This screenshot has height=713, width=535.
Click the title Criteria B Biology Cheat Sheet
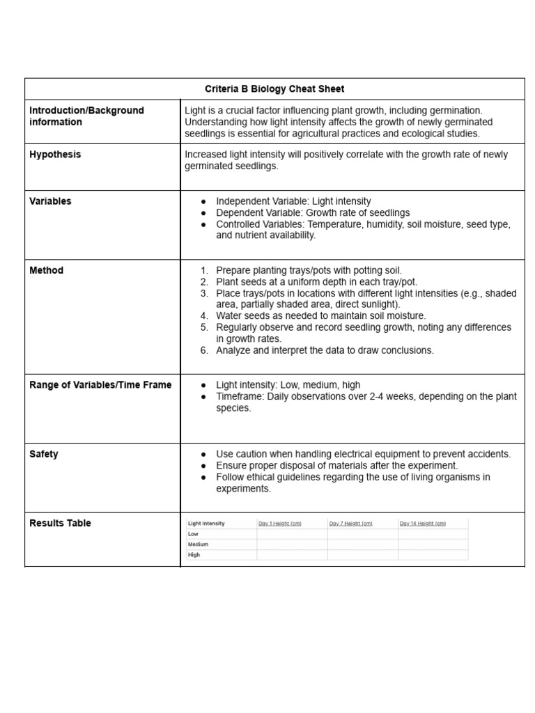(x=274, y=89)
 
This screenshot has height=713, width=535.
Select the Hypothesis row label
(x=55, y=155)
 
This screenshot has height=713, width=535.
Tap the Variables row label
(x=50, y=201)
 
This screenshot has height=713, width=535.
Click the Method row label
(x=46, y=270)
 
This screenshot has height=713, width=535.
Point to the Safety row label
(x=44, y=454)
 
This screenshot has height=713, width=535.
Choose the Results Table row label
(x=60, y=523)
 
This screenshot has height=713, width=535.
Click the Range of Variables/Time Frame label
(x=100, y=385)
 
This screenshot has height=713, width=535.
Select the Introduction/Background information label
(x=86, y=116)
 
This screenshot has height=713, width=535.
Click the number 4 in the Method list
(x=204, y=315)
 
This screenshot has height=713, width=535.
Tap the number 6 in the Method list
(x=204, y=350)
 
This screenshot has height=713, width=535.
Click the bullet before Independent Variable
(x=203, y=201)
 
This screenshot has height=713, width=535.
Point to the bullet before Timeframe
(x=203, y=396)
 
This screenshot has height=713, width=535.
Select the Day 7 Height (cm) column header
(x=351, y=524)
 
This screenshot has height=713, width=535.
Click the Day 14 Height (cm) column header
(x=422, y=524)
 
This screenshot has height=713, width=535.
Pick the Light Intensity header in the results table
(x=206, y=524)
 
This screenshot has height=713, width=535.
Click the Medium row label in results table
(x=198, y=544)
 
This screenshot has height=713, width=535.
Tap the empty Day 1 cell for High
(x=292, y=555)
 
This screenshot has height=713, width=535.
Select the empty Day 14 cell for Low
(x=433, y=534)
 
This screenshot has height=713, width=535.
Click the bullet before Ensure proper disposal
(x=203, y=465)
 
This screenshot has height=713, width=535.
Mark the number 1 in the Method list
(x=204, y=270)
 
